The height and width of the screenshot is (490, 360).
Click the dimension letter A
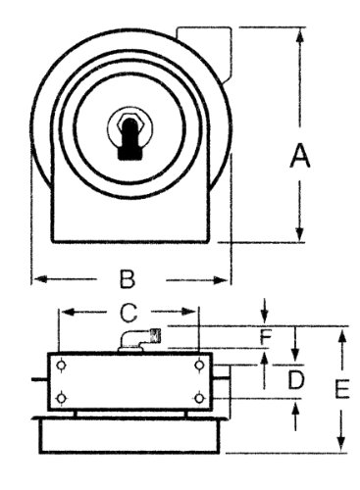click(299, 157)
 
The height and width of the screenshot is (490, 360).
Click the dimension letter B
click(128, 279)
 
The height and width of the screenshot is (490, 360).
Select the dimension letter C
click(128, 313)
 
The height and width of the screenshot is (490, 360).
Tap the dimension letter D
click(296, 379)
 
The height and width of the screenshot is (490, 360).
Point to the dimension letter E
click(342, 389)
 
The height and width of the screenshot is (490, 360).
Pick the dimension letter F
click(266, 337)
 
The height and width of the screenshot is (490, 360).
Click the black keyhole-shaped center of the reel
click(129, 138)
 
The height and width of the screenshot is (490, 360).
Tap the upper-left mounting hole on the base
click(61, 366)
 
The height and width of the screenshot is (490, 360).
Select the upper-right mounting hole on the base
click(200, 365)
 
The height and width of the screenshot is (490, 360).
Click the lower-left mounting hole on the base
click(61, 398)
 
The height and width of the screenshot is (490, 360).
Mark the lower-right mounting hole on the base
click(200, 398)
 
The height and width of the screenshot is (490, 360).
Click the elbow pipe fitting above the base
click(140, 340)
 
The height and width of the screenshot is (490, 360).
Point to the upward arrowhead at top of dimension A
click(299, 35)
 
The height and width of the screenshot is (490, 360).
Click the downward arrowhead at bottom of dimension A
click(299, 234)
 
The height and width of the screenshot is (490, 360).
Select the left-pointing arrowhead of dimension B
click(40, 279)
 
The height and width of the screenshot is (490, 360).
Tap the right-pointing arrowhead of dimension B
click(221, 280)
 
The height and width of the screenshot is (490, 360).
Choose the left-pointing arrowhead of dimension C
click(68, 313)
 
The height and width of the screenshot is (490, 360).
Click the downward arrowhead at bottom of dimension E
click(341, 445)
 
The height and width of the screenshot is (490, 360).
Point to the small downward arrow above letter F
click(265, 311)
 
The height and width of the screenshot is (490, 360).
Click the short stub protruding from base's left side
click(39, 379)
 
